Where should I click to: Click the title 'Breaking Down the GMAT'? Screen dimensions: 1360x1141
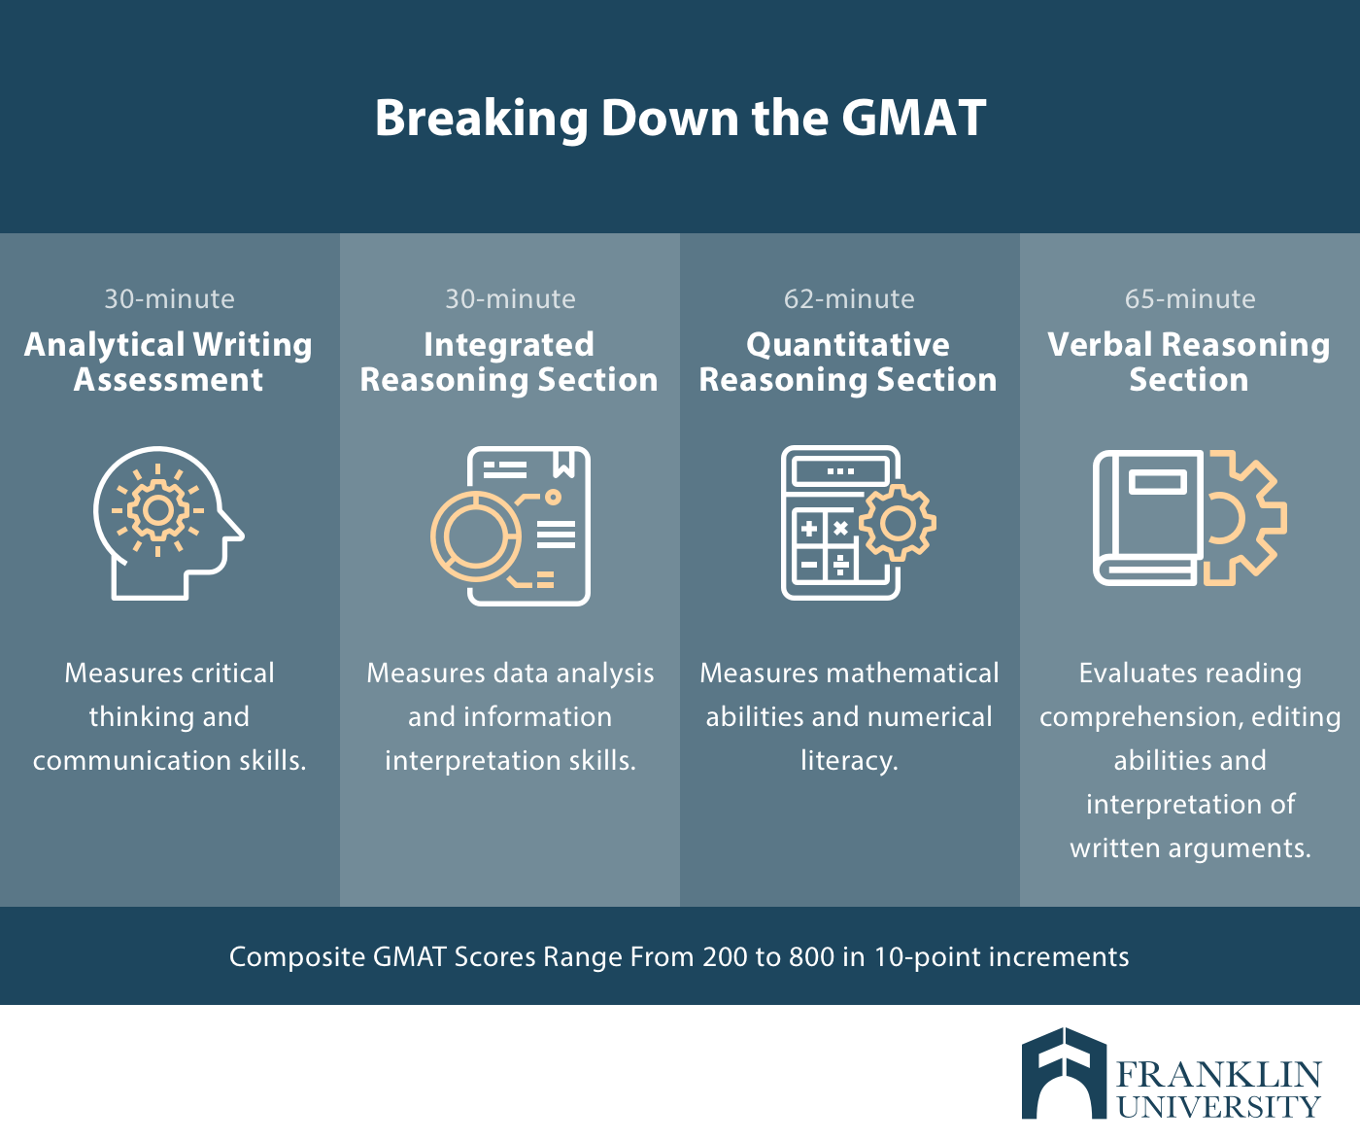click(x=680, y=118)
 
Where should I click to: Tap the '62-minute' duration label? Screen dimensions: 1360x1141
click(x=849, y=299)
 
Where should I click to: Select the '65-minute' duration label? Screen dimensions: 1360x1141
click(x=1190, y=299)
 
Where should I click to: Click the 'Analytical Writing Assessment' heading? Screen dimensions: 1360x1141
click(x=169, y=362)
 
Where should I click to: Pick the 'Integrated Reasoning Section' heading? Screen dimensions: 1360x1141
click(x=509, y=362)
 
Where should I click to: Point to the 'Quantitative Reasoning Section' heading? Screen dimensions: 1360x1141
click(x=848, y=362)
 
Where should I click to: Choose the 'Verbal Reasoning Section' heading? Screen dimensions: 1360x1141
click(x=1189, y=362)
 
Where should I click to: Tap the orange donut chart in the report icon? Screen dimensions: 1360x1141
click(x=476, y=536)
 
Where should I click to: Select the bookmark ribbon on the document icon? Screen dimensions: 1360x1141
click(x=564, y=463)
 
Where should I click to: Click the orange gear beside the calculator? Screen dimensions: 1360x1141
click(x=898, y=523)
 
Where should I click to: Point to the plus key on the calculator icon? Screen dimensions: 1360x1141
click(x=809, y=528)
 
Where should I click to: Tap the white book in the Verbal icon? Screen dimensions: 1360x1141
click(x=1148, y=518)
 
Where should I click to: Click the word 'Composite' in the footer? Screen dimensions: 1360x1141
click(x=297, y=958)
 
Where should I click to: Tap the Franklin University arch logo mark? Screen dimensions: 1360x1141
click(x=1064, y=1073)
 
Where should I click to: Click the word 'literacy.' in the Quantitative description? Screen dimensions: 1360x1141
click(x=849, y=761)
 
